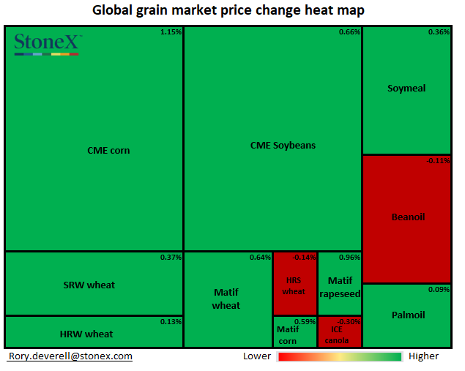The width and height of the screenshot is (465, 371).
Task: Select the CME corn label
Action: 108,151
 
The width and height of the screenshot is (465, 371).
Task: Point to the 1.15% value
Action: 171,32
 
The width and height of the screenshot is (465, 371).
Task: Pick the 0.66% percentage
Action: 349,32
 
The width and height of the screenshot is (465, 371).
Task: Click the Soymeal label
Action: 406,89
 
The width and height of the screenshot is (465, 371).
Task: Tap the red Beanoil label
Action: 408,217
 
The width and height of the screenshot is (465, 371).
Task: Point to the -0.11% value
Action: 438,161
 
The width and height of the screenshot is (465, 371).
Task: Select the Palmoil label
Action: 406,315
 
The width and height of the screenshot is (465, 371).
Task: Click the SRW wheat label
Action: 90,285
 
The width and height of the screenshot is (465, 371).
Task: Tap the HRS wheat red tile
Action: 294,285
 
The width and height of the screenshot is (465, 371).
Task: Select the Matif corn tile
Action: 288,334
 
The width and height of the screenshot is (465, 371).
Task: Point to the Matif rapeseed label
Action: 340,287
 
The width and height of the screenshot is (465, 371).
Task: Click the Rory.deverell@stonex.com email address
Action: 70,356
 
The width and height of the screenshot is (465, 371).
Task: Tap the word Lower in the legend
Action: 257,356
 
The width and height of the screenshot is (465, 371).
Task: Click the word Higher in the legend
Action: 424,356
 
